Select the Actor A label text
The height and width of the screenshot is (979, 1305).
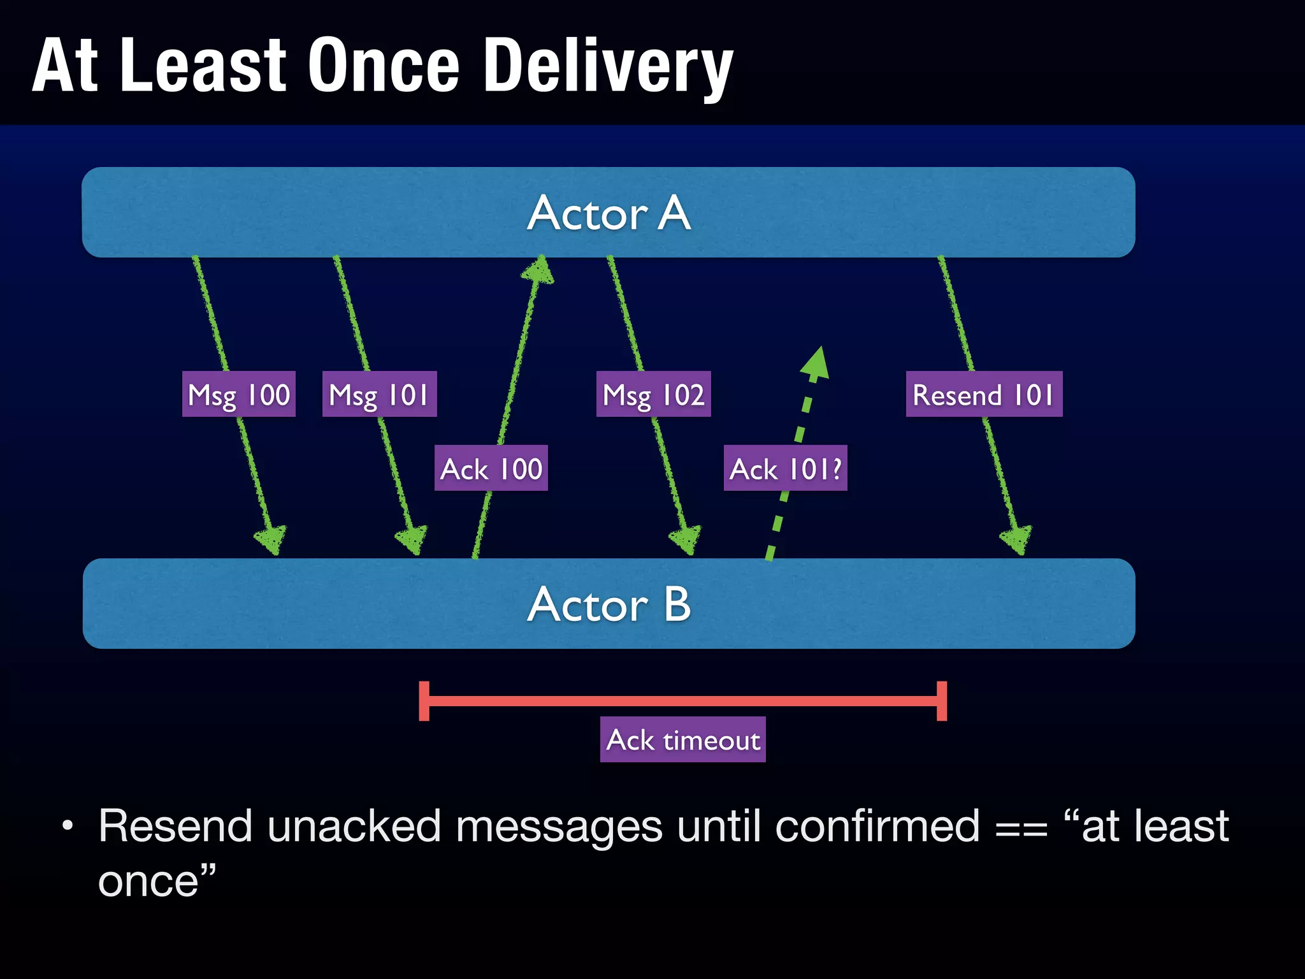pyautogui.click(x=609, y=213)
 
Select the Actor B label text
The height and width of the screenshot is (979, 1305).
pyautogui.click(x=609, y=604)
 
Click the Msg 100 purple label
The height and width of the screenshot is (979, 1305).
pyautogui.click(x=239, y=395)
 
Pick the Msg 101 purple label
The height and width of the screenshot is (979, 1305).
pyautogui.click(x=379, y=395)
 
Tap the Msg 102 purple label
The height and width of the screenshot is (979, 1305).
pyautogui.click(x=653, y=395)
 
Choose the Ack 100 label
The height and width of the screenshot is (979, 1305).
pyautogui.click(x=491, y=468)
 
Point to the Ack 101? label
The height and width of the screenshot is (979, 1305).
pyautogui.click(x=785, y=468)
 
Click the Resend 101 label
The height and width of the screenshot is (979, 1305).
pyautogui.click(x=984, y=395)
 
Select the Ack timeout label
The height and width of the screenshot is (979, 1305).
pyautogui.click(x=682, y=740)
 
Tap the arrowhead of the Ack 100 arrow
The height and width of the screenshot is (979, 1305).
pyautogui.click(x=539, y=270)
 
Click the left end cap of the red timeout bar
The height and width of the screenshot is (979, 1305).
pyautogui.click(x=424, y=701)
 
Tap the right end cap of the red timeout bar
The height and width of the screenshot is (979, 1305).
pyautogui.click(x=942, y=701)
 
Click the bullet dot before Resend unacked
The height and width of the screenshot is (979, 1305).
pyautogui.click(x=68, y=827)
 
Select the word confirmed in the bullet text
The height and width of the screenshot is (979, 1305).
pyautogui.click(x=877, y=827)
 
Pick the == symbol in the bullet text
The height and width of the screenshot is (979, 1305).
pyautogui.click(x=1021, y=829)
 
